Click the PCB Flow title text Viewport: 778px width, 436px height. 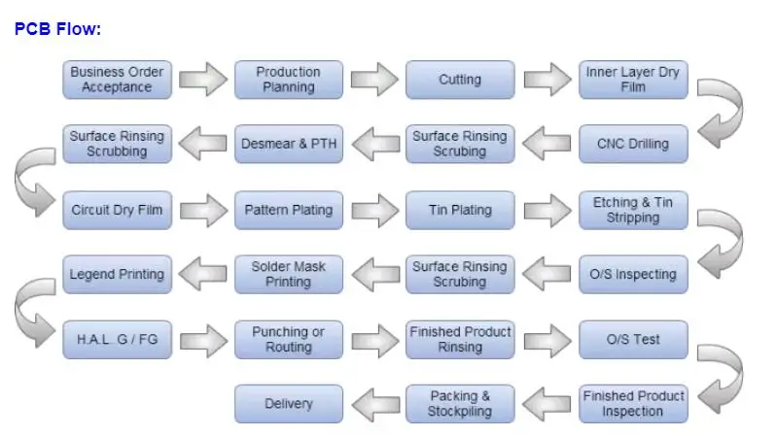(x=57, y=29)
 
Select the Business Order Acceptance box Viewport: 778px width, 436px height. (x=117, y=80)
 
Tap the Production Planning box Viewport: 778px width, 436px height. (x=288, y=80)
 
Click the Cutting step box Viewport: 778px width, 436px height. (x=459, y=80)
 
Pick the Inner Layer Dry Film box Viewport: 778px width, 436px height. (x=633, y=80)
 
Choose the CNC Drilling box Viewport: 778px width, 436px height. (x=633, y=144)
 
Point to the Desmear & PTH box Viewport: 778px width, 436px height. (x=288, y=144)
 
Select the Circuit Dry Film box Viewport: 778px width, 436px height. (x=117, y=210)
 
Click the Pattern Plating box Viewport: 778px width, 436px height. (x=288, y=210)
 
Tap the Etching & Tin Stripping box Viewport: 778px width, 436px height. (x=633, y=210)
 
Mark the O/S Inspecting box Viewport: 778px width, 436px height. (x=633, y=275)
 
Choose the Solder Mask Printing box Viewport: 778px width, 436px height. (x=288, y=275)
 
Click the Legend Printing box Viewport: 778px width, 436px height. (x=117, y=275)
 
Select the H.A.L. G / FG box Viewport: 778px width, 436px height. (x=117, y=340)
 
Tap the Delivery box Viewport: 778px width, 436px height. (x=288, y=404)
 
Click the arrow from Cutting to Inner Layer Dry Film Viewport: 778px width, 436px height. (x=548, y=78)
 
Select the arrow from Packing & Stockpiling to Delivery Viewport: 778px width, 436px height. (x=374, y=404)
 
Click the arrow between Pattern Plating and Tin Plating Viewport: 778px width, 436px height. (x=374, y=210)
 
